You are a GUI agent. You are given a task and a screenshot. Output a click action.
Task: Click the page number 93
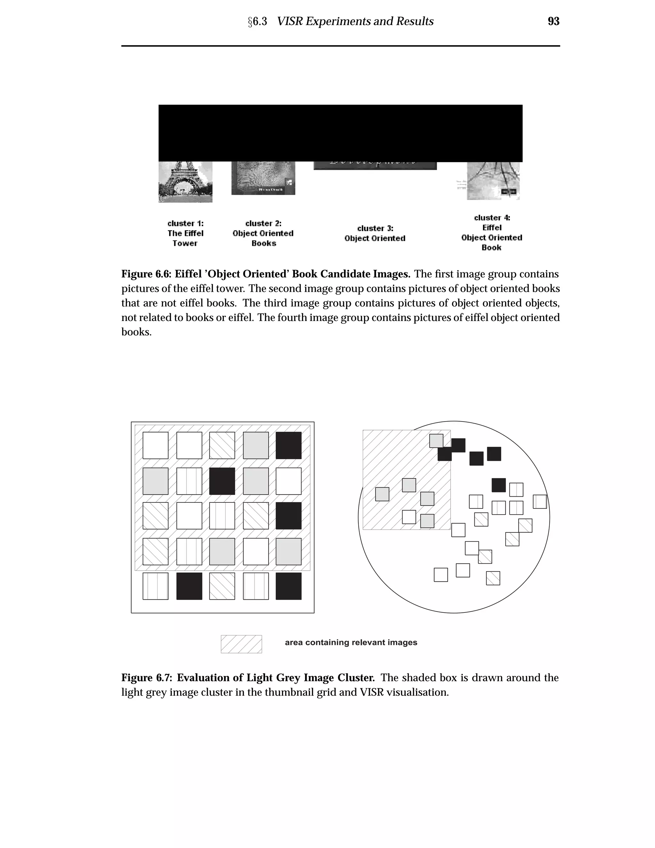[x=553, y=21]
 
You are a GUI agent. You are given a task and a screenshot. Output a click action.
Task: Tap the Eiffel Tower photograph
[x=185, y=182]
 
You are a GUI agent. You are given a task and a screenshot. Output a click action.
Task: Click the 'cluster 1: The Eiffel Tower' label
[x=185, y=233]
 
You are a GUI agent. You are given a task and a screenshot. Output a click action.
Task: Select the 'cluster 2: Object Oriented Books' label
[x=263, y=233]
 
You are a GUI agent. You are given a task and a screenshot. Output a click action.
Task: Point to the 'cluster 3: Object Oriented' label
[x=375, y=233]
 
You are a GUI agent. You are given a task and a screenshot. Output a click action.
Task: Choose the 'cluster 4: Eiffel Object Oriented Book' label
[x=492, y=233]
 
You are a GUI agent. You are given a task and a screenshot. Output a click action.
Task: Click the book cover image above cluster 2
[x=263, y=178]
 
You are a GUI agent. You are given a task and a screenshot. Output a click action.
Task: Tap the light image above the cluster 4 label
[x=493, y=180]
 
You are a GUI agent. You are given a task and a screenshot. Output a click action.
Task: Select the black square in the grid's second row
[x=222, y=481]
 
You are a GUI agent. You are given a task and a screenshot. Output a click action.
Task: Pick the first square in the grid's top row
[x=155, y=445]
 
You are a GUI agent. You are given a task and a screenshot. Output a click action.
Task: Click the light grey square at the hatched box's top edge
[x=436, y=441]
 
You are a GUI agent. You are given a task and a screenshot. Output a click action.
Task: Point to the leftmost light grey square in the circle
[x=382, y=494]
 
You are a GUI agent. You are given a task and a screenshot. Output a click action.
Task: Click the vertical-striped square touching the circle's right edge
[x=539, y=502]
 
